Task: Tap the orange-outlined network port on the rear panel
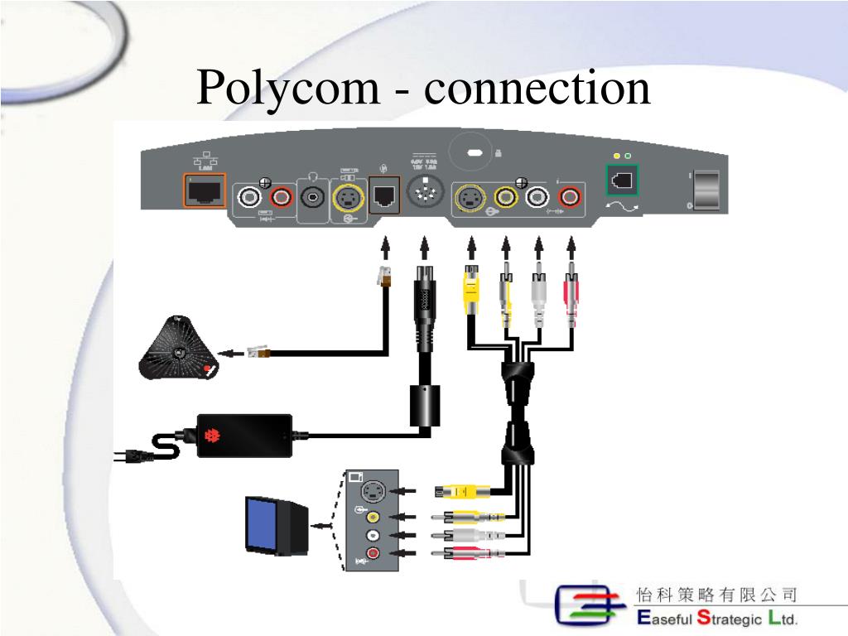coord(205,192)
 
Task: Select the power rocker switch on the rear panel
coord(706,190)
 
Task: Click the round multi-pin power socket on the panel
coord(426,195)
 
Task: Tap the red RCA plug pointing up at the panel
coord(571,290)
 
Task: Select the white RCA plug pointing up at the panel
coord(538,290)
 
